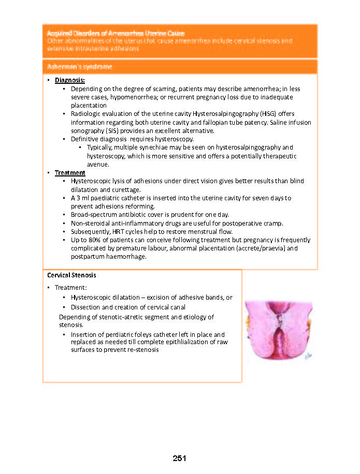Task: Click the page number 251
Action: pyautogui.click(x=179, y=458)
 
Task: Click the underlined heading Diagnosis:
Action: pyautogui.click(x=70, y=81)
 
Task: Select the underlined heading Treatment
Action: pyautogui.click(x=70, y=173)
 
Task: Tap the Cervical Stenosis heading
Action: pyautogui.click(x=71, y=275)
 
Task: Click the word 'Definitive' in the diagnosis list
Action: pyautogui.click(x=85, y=139)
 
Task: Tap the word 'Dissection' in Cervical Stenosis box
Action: pyautogui.click(x=87, y=307)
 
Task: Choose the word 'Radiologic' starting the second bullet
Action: pyautogui.click(x=87, y=114)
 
